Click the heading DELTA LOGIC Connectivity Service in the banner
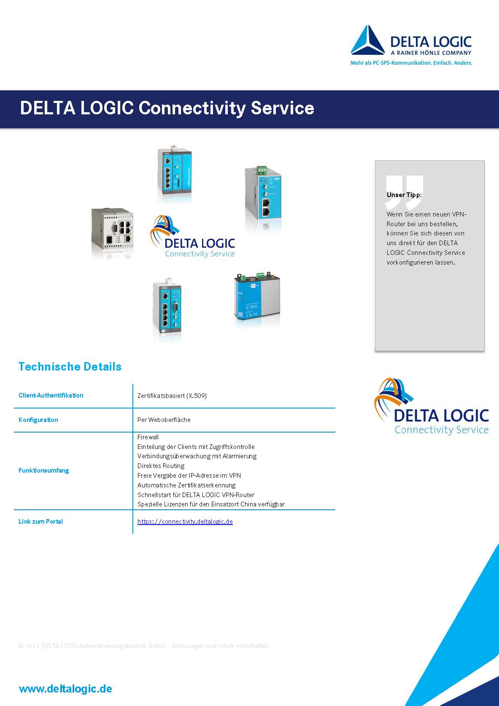(x=167, y=108)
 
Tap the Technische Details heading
(x=70, y=367)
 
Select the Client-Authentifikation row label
(x=51, y=395)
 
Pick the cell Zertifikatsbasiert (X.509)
(x=172, y=396)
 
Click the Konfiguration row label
(x=38, y=420)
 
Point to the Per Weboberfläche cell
(x=164, y=420)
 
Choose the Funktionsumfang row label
(x=44, y=471)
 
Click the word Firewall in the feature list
(x=148, y=437)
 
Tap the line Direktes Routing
(x=161, y=466)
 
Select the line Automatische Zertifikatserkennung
(x=186, y=485)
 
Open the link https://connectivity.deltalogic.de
(x=185, y=522)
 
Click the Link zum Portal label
(x=41, y=522)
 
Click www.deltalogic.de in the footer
(x=66, y=689)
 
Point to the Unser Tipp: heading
(x=404, y=195)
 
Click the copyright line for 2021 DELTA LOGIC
(x=143, y=646)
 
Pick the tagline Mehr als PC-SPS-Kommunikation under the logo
(x=411, y=63)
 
